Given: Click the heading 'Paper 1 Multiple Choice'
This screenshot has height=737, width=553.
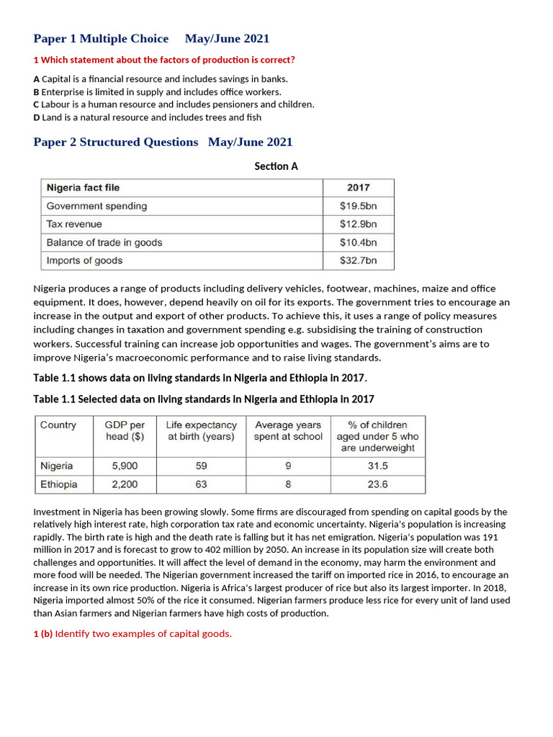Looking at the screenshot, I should [101, 39].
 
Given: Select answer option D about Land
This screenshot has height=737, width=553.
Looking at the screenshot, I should [148, 117].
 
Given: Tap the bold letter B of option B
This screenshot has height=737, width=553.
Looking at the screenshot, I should [37, 92].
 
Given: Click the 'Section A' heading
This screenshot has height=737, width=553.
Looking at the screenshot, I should [276, 166].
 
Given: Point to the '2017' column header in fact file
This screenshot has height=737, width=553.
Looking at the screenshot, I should [358, 188].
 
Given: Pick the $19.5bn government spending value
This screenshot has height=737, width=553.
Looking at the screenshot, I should [358, 206].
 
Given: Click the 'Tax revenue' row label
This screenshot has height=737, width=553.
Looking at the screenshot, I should [74, 225].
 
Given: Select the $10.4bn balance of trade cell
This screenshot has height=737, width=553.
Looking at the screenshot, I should [358, 243].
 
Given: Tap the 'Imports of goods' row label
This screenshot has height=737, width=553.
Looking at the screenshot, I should [84, 261].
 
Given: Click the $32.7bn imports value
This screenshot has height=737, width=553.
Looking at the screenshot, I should [358, 261].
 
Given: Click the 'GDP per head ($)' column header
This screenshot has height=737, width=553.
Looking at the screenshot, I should [125, 430].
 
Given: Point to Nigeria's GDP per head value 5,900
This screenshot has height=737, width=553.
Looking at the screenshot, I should [125, 466].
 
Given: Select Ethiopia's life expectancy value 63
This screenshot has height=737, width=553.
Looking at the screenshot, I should [201, 484].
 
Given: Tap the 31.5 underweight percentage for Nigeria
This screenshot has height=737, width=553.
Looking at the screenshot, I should [378, 466].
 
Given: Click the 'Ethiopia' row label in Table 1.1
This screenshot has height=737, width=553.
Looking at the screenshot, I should [59, 484].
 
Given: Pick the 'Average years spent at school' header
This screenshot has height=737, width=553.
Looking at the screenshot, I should [288, 430].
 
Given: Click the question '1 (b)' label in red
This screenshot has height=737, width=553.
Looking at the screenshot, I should [43, 633].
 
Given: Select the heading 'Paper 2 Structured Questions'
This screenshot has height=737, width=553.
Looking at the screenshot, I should [116, 143].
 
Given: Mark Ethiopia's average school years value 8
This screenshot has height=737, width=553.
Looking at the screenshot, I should [288, 484].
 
